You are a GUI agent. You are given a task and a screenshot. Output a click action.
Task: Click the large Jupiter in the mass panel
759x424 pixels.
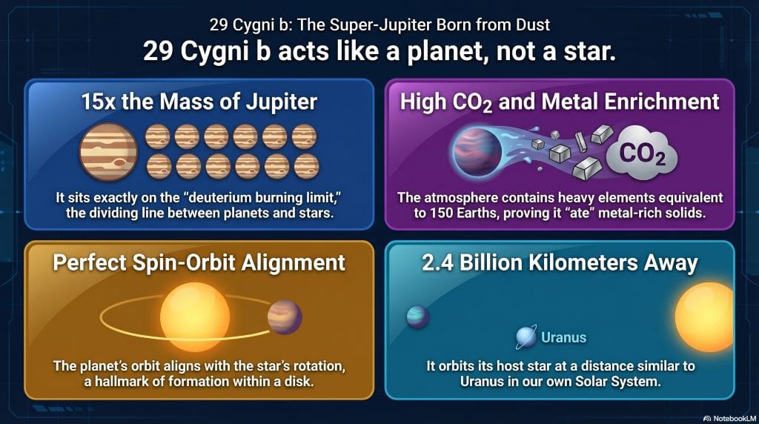click(108, 152)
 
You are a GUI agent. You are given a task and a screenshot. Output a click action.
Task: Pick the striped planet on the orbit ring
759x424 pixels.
click(285, 317)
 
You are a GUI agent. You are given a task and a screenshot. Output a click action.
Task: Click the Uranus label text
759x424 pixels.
click(563, 338)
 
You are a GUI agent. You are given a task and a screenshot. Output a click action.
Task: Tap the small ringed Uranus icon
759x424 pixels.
click(526, 338)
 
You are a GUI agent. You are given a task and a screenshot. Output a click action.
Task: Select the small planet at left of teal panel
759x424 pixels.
click(417, 317)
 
